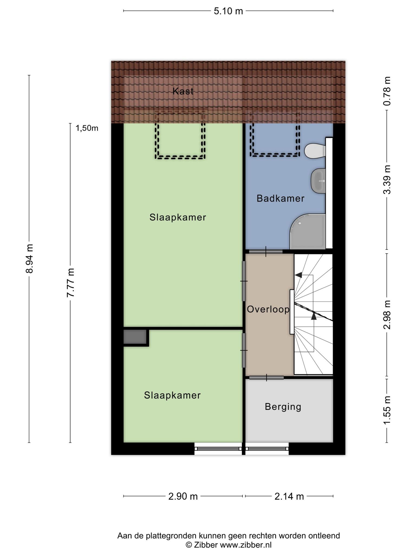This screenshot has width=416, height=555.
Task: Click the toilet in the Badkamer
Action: point(315,151)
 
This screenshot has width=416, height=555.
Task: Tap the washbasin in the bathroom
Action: point(318,181)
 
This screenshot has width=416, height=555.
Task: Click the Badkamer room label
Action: point(281,198)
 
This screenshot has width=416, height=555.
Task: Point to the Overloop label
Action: point(268,309)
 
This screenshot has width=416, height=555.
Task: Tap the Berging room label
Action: point(283,407)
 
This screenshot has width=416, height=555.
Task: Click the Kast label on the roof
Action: point(183,91)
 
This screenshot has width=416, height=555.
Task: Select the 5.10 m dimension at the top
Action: point(228,11)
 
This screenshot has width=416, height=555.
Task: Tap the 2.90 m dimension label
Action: point(183,496)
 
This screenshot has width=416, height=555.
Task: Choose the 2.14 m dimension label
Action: point(289,496)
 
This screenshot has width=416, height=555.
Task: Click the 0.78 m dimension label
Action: point(387,91)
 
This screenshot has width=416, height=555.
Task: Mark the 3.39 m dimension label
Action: point(387,180)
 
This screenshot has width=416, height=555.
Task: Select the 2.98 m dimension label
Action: point(387,315)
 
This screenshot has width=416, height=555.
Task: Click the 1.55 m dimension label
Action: point(387,411)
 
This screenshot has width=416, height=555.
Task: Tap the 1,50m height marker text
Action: point(87,128)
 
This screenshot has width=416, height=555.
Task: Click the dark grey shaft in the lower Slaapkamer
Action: point(135,337)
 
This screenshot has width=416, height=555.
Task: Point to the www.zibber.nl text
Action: point(246,545)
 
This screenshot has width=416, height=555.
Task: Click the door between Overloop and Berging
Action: point(266,377)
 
